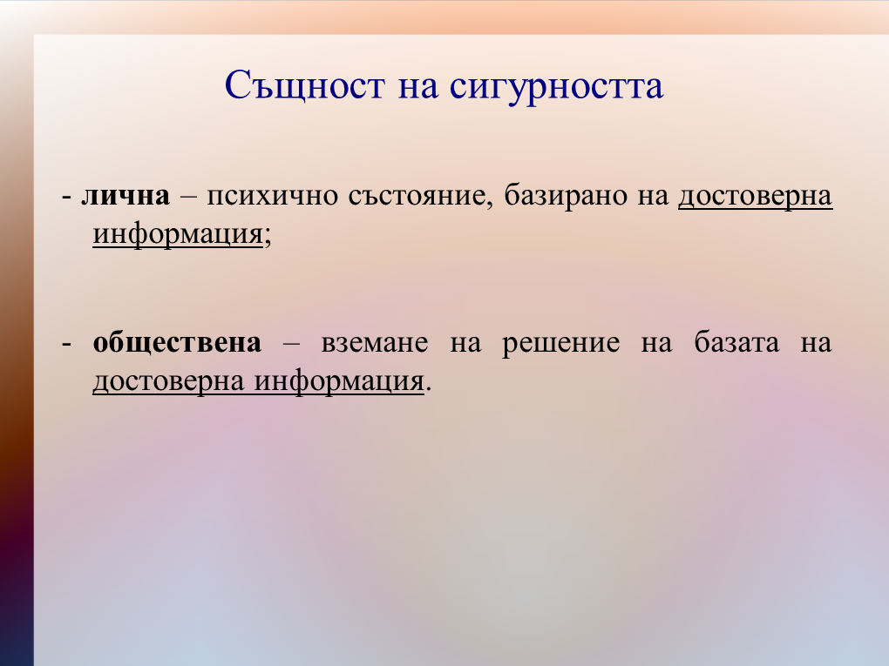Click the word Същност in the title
(305, 86)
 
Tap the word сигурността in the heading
(556, 87)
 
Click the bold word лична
(126, 196)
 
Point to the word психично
(272, 196)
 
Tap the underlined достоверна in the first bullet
(755, 197)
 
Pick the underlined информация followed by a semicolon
(178, 234)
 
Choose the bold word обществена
(177, 343)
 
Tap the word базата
(736, 343)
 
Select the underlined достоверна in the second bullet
(168, 381)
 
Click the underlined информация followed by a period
(339, 381)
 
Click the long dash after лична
(188, 198)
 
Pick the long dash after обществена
(291, 344)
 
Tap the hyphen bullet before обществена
(66, 344)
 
